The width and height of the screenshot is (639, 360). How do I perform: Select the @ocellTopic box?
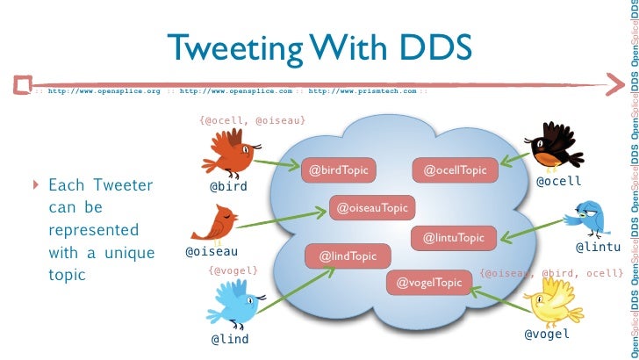449,169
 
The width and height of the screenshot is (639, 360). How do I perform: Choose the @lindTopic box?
347,256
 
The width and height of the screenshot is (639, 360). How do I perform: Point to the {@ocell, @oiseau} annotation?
253,119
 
